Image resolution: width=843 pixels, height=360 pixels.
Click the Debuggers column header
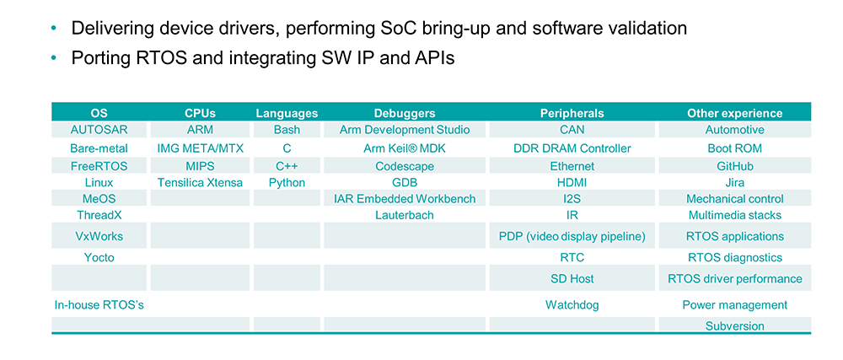click(405, 113)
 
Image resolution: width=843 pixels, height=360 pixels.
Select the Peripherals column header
click(572, 113)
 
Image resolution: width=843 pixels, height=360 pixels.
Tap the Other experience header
click(734, 113)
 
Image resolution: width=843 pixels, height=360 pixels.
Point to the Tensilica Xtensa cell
click(200, 183)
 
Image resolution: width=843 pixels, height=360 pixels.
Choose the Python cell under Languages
click(287, 183)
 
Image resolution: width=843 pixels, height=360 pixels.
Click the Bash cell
click(287, 130)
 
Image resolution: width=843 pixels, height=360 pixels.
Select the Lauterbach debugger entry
click(405, 216)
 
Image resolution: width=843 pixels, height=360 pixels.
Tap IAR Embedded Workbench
click(405, 199)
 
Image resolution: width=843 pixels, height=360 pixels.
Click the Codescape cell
click(405, 167)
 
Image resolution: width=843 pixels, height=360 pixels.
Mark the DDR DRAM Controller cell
click(572, 148)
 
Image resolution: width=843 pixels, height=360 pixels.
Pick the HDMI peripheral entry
click(572, 183)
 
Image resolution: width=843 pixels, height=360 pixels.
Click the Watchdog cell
click(572, 305)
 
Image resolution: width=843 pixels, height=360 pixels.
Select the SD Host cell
click(572, 279)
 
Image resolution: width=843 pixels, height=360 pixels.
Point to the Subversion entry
click(734, 325)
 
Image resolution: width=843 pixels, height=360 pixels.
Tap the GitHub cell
click(734, 166)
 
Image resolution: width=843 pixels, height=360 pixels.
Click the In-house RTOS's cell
click(99, 305)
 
